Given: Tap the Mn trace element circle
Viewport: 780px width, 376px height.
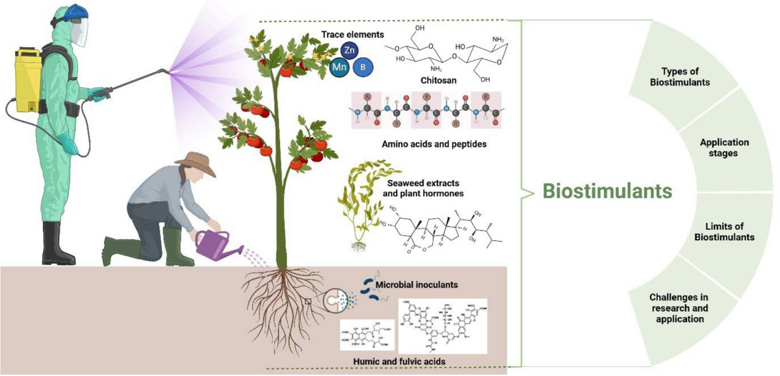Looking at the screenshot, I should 339,68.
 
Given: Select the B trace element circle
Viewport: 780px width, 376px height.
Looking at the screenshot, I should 362,67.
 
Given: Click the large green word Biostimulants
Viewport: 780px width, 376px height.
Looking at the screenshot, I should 606,192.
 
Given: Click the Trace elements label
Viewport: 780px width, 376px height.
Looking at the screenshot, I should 353,34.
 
